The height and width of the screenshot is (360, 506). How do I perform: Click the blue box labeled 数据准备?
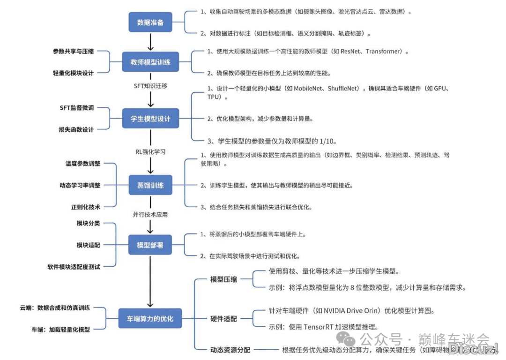coord(150,22)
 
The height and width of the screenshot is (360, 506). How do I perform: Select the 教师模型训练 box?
coord(150,61)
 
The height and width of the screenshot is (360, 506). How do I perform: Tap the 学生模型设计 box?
coord(150,118)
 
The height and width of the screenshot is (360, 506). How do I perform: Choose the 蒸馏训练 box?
coord(150,185)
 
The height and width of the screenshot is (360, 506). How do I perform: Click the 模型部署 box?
coord(150,245)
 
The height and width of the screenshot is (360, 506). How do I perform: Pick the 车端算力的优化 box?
coord(150,319)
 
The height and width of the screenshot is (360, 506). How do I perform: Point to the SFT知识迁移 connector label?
coord(150,86)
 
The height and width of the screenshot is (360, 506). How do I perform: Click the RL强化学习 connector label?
coord(150,152)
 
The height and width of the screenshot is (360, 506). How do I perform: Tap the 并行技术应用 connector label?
coord(150,215)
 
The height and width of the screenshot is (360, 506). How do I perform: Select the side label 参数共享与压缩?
coord(73,51)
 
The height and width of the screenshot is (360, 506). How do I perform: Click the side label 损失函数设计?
coord(76,129)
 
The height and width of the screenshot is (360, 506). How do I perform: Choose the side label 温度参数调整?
coord(82,164)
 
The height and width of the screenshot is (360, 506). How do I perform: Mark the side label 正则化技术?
coord(85,206)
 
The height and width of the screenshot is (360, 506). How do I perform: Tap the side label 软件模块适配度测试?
coord(74,266)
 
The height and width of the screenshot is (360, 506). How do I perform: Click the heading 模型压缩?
coord(223,279)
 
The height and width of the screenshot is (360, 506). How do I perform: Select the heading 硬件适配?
coord(223,319)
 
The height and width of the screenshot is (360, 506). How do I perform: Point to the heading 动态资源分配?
coord(230,349)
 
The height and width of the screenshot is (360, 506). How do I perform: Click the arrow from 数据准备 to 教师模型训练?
coord(150,42)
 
